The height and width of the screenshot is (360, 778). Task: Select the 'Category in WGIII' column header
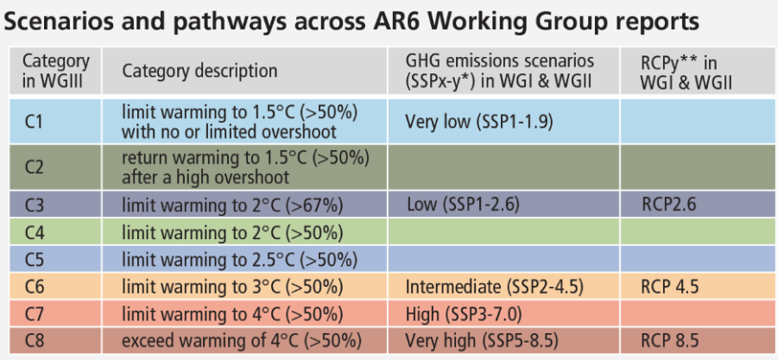56,71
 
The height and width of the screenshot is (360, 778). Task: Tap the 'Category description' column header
199,71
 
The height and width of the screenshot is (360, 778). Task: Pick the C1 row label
33,122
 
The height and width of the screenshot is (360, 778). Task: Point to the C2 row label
35,167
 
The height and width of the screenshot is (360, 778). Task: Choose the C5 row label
35,259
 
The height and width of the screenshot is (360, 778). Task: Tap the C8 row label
35,341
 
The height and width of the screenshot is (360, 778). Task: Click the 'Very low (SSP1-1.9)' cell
479,122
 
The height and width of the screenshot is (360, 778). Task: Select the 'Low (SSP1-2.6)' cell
463,204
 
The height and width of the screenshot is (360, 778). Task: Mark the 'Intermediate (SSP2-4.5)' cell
494,287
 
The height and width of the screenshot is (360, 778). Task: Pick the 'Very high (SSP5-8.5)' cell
481,341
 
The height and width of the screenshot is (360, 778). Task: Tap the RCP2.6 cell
669,205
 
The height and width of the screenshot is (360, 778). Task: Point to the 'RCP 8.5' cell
670,341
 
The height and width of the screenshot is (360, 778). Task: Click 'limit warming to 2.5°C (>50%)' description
240,259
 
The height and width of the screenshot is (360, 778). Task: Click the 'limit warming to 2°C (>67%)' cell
232,205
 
